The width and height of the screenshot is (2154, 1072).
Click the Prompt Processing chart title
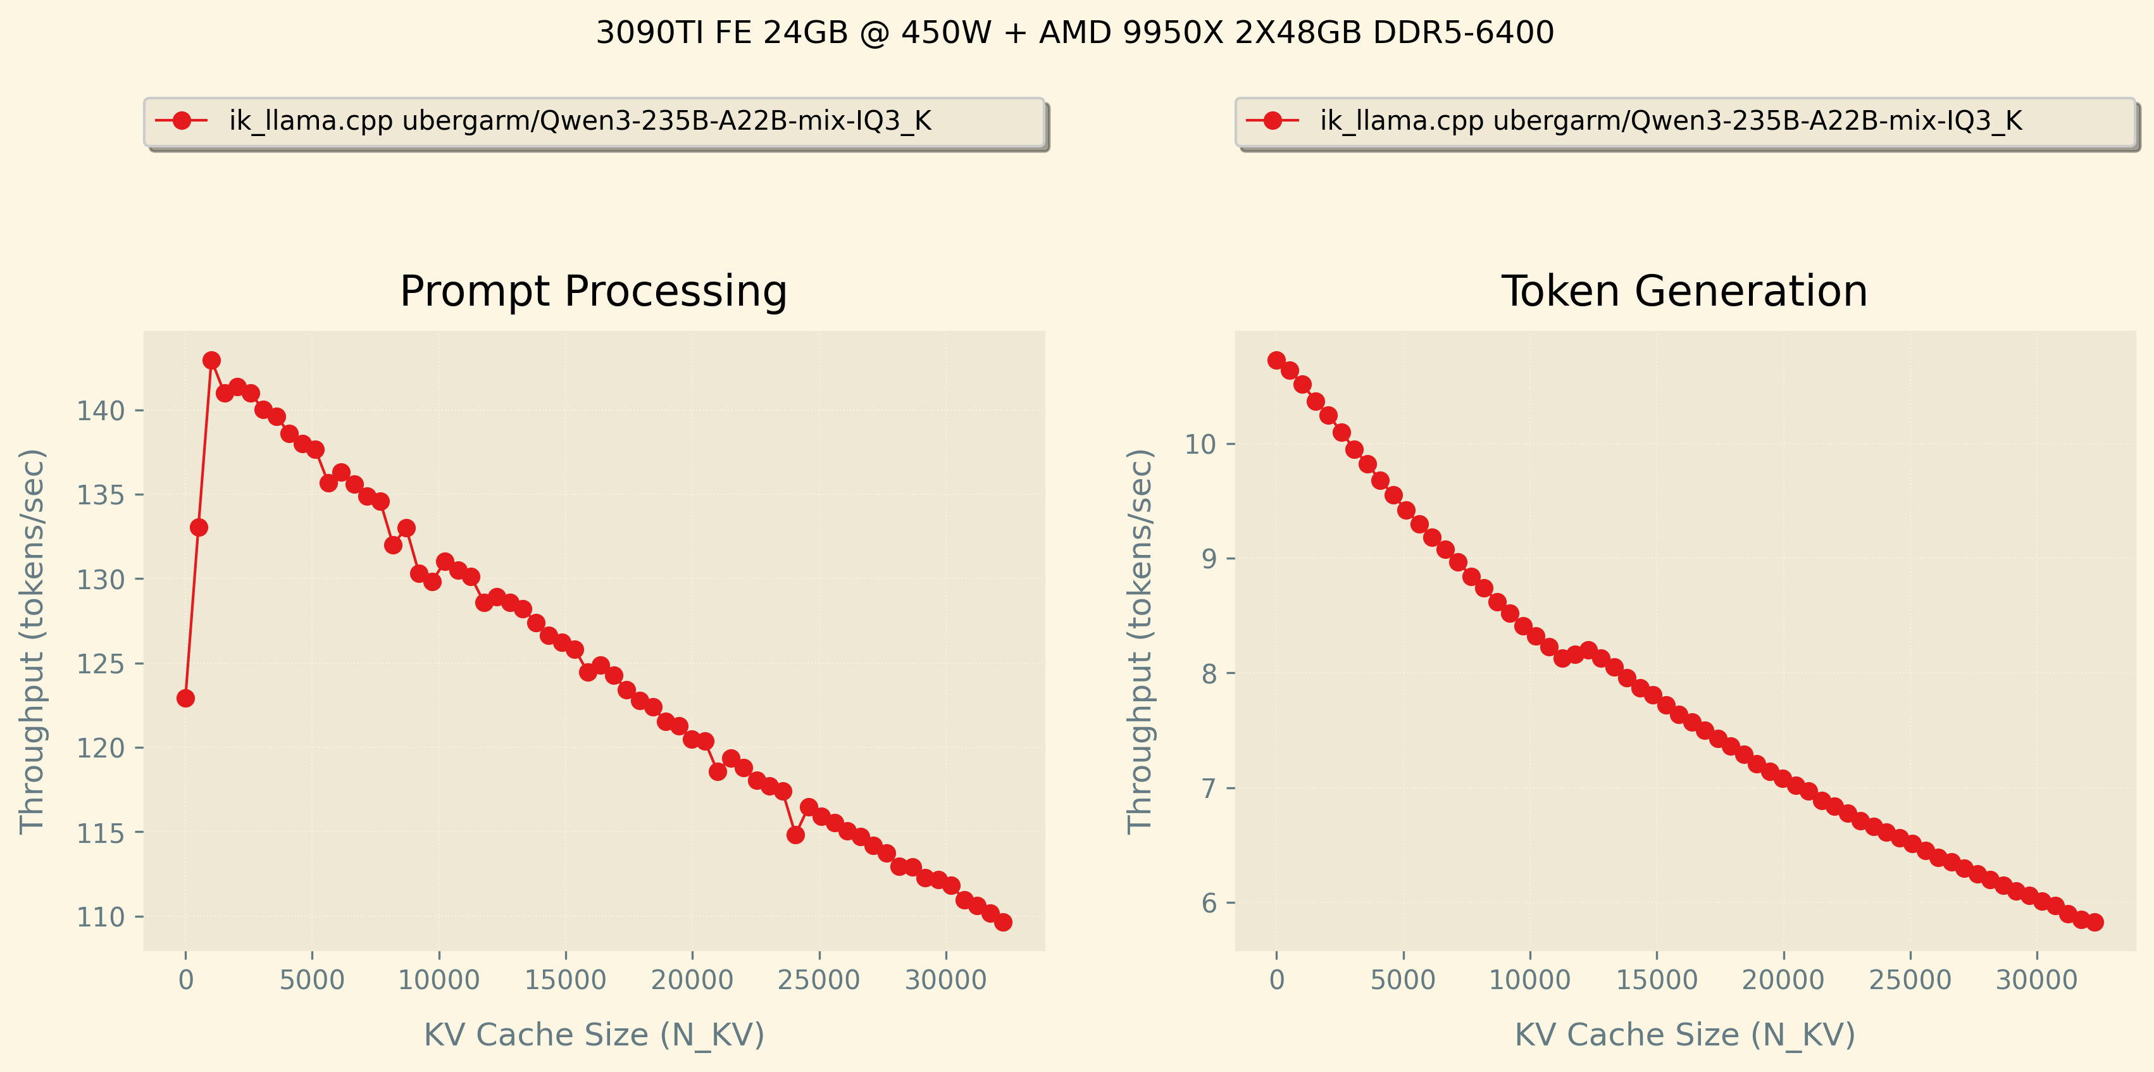(x=594, y=292)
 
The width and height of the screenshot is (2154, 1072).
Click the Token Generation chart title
(x=1684, y=292)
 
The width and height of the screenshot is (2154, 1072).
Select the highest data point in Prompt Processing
(x=211, y=361)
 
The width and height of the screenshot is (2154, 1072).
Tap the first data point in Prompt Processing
(x=185, y=698)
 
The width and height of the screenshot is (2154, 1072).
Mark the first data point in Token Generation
(x=1276, y=361)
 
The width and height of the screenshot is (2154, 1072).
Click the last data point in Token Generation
(x=2095, y=922)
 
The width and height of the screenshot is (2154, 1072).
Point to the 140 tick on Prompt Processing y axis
(x=101, y=411)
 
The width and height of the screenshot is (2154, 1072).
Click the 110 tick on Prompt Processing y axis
(x=101, y=918)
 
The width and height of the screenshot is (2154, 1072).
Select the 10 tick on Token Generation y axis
(x=1200, y=444)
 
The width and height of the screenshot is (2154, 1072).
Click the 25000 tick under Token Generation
(x=1910, y=980)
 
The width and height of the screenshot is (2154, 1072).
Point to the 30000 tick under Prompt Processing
(x=946, y=980)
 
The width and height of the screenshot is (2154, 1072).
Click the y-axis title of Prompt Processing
(x=32, y=641)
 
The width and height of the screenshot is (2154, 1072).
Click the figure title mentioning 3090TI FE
(x=1074, y=34)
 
